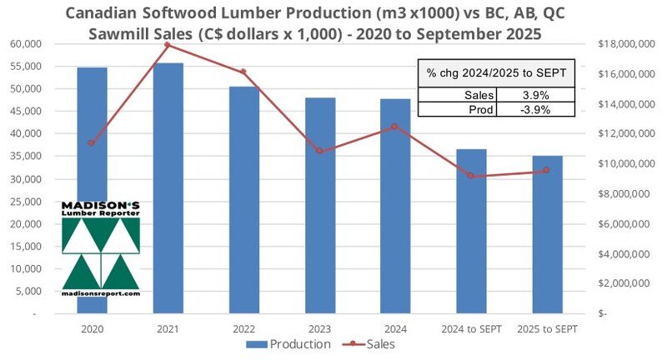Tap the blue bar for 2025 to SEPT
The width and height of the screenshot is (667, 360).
(547, 234)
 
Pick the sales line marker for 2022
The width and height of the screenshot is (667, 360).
(243, 72)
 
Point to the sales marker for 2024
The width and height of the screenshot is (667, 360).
(394, 127)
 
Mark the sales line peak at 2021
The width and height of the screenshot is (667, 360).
(168, 44)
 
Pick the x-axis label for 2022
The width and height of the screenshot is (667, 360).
(243, 328)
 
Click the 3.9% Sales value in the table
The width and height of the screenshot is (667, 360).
(534, 96)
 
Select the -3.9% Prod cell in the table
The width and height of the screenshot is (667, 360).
(534, 109)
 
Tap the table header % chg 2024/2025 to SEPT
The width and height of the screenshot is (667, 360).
(497, 73)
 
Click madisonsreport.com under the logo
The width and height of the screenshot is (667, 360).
(101, 293)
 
